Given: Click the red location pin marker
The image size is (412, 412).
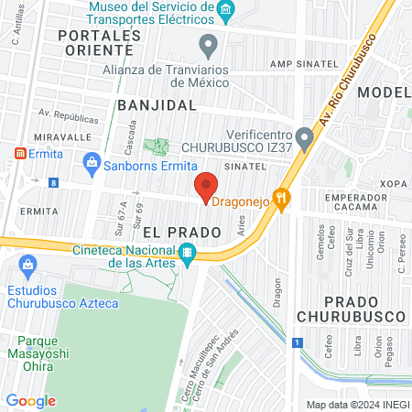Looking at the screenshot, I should pyautogui.click(x=207, y=187).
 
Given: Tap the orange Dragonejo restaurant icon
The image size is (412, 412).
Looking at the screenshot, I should pyautogui.click(x=282, y=195).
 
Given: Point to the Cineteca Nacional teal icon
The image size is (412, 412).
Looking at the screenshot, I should pyautogui.click(x=187, y=252).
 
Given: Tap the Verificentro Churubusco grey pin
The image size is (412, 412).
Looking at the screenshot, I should pyautogui.click(x=306, y=136).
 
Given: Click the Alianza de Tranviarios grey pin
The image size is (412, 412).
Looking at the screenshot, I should pyautogui.click(x=210, y=43).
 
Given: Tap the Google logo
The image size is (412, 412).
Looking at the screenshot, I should pyautogui.click(x=30, y=401).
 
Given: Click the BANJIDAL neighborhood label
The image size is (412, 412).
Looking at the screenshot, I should pyautogui.click(x=157, y=105).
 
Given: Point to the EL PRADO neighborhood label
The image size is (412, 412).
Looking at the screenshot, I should pyautogui.click(x=180, y=233).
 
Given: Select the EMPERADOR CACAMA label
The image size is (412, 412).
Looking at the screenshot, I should pyautogui.click(x=363, y=205).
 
